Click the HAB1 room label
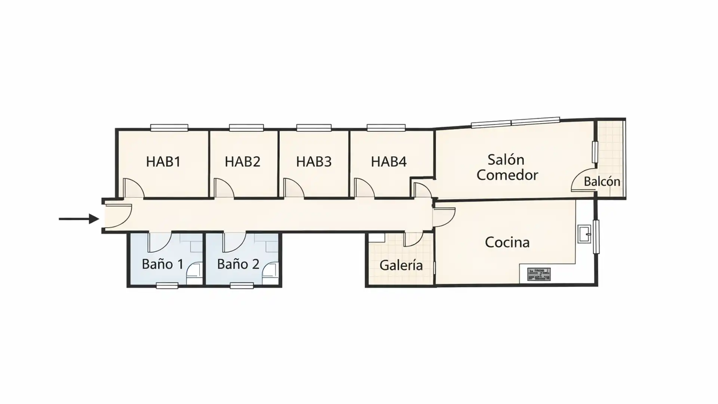(x=163, y=162)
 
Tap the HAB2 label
(x=242, y=162)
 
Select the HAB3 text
(x=314, y=162)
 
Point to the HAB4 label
(x=389, y=162)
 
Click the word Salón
(x=506, y=160)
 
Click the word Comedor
(x=507, y=175)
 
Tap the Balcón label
(x=602, y=181)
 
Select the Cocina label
(x=507, y=242)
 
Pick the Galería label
(x=401, y=265)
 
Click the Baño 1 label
(x=163, y=264)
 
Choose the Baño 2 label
(x=238, y=264)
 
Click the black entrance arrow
(x=79, y=219)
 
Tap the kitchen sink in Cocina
(x=584, y=234)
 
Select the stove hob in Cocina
(x=538, y=274)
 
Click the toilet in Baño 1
(x=194, y=272)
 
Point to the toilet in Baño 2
(x=270, y=272)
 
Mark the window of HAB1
(x=169, y=128)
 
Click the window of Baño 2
(x=242, y=286)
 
